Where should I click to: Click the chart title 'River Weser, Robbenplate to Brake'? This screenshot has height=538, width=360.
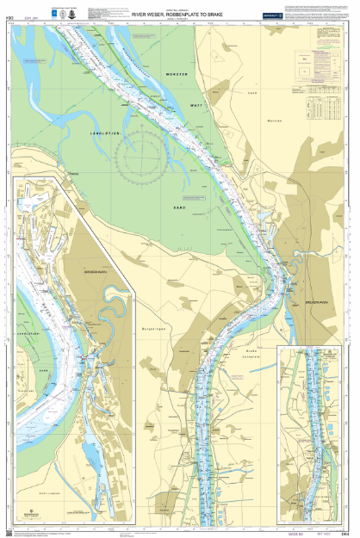tap(177, 14)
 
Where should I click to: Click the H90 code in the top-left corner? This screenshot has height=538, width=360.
tap(10, 14)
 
